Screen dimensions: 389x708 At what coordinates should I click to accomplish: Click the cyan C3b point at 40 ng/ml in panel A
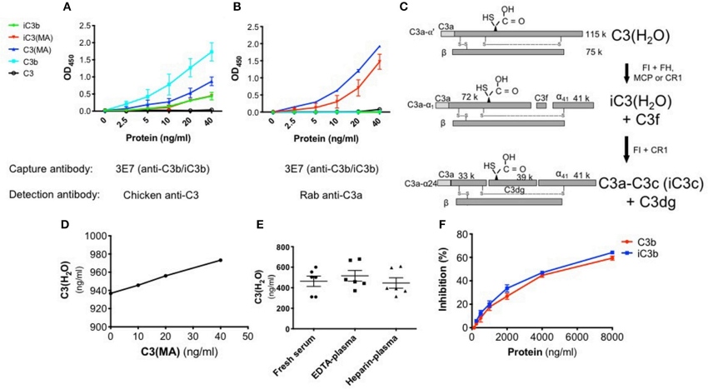(212, 52)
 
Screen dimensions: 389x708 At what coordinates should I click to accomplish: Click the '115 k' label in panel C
(595, 34)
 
